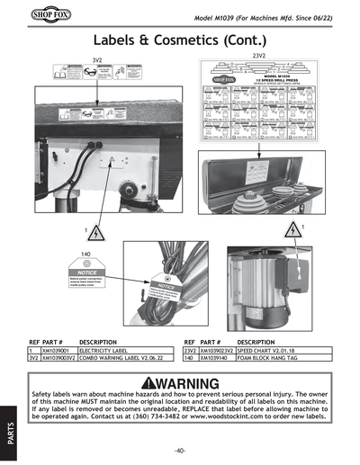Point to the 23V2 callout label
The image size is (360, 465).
click(x=258, y=56)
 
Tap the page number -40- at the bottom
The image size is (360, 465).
click(x=180, y=450)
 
